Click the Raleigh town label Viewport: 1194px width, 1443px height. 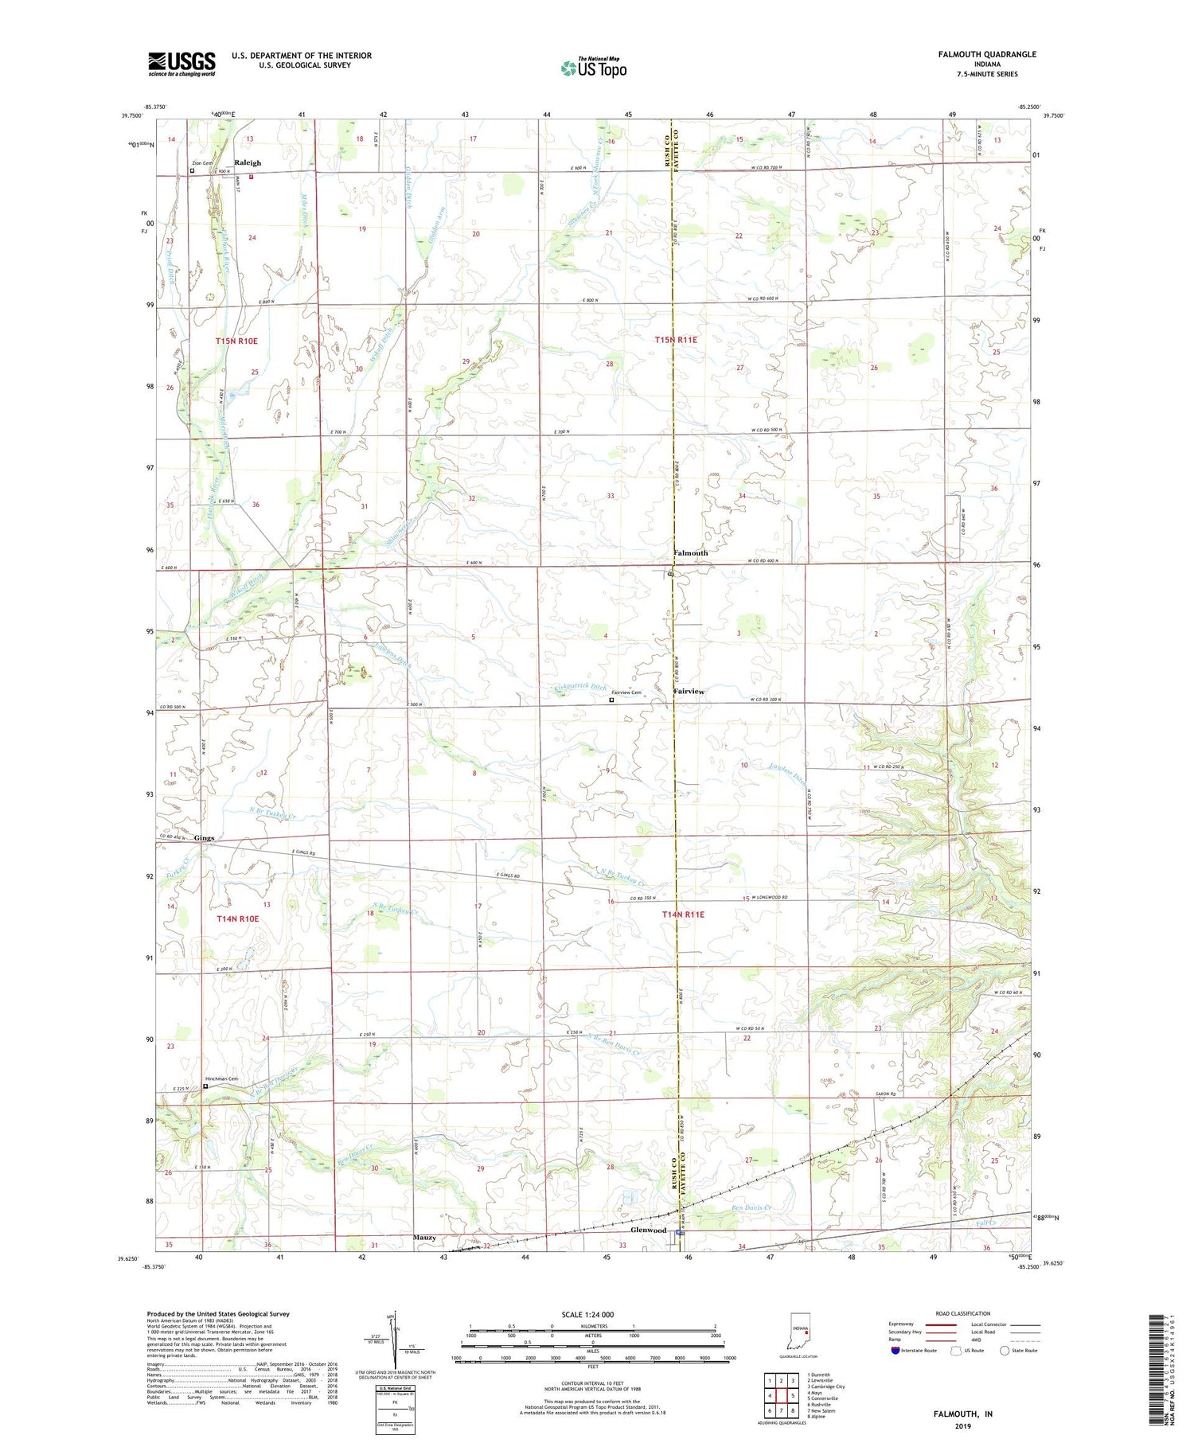point(248,163)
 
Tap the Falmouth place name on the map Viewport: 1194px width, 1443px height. point(690,552)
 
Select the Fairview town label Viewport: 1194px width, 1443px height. point(689,692)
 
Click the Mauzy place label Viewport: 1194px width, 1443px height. point(424,1238)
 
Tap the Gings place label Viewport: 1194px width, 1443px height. point(203,838)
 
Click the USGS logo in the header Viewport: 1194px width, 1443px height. point(181,64)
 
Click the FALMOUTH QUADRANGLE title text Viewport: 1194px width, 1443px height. point(987,54)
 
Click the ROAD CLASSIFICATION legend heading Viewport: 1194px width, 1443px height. point(963,1313)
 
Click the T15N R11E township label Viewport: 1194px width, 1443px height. point(676,340)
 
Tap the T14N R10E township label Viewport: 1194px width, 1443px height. point(237,918)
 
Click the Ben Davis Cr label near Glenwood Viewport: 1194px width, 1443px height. point(751,1207)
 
